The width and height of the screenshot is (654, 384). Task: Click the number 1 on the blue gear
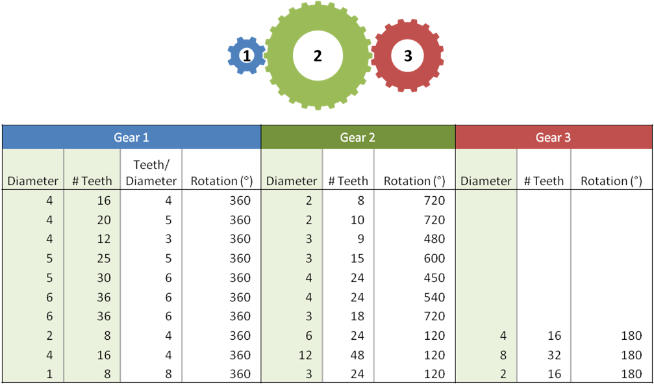(x=247, y=56)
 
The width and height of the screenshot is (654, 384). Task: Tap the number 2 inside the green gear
(x=318, y=56)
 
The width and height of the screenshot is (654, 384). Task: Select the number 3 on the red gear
(x=408, y=56)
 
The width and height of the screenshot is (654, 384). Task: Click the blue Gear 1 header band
(x=131, y=137)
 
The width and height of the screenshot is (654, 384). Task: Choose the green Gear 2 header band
(x=358, y=137)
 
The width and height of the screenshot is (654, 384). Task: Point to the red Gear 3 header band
(x=553, y=137)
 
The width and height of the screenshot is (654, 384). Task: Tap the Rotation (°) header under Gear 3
(x=611, y=181)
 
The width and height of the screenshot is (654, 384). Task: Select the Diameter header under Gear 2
(x=292, y=181)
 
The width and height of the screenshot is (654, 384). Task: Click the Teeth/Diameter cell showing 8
(x=168, y=374)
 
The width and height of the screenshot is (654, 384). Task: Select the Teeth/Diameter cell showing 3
(x=168, y=239)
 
